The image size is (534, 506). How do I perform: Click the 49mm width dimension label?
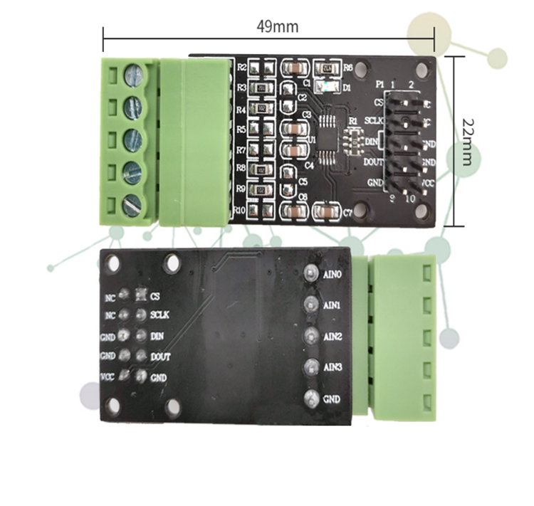click(278, 27)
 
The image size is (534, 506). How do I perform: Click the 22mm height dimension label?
click(466, 141)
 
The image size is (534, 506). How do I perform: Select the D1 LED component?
click(328, 88)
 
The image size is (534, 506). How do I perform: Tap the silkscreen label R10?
click(241, 211)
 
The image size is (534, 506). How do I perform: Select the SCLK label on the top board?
click(375, 121)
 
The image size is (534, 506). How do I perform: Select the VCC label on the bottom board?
click(108, 375)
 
